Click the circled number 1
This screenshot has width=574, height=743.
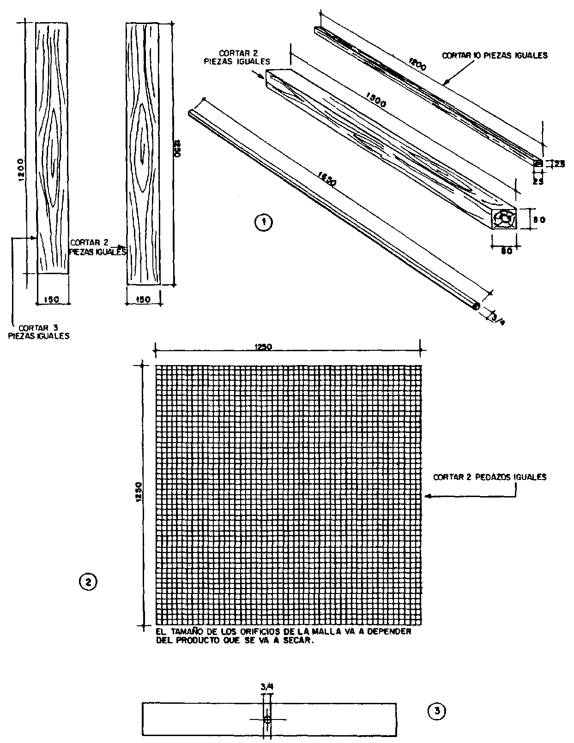[264, 222]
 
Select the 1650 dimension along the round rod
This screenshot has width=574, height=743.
[327, 179]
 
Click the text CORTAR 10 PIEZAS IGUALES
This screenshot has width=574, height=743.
[495, 56]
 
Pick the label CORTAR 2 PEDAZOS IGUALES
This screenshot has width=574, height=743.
[489, 477]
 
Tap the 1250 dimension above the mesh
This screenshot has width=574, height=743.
[263, 348]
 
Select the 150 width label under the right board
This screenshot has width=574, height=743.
[144, 300]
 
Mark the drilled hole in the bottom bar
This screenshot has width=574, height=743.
[267, 719]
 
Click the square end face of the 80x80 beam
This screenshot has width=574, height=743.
[505, 218]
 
